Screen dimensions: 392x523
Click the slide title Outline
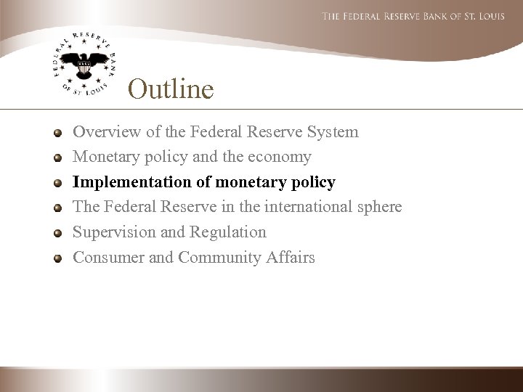coord(171,89)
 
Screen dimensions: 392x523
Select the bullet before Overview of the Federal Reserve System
coord(57,133)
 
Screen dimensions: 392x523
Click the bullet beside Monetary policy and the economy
coord(57,158)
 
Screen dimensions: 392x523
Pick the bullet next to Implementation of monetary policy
coord(57,182)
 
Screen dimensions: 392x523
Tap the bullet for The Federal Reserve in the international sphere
coord(57,208)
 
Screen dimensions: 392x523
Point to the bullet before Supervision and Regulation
coord(57,232)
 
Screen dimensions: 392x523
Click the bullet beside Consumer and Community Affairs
coord(57,258)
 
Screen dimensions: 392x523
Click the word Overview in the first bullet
coord(102,132)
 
